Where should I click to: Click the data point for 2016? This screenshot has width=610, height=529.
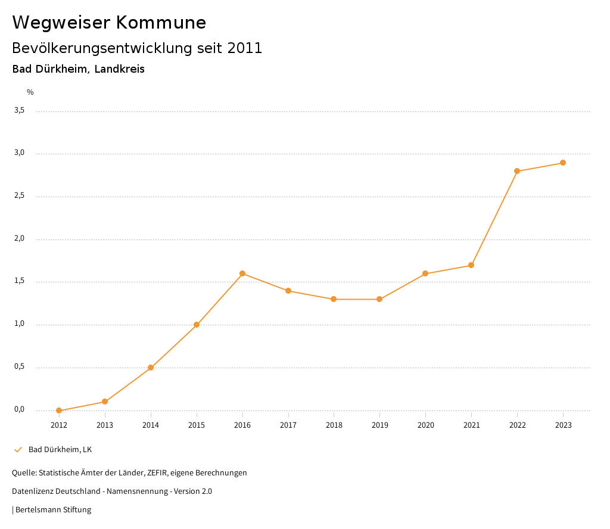[x=242, y=273]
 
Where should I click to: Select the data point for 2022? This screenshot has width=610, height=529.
[x=517, y=171]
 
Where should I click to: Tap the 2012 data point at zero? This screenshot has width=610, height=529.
[x=59, y=410]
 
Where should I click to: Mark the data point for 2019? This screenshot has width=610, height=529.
[x=379, y=299]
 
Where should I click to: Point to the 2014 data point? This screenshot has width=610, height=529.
[x=151, y=368]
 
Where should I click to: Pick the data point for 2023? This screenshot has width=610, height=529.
[x=563, y=163]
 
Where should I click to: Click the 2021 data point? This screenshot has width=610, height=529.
[x=471, y=265]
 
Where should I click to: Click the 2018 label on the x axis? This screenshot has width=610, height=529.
[x=334, y=425]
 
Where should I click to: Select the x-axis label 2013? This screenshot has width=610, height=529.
[x=105, y=425]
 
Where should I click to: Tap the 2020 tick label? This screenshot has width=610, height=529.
[x=425, y=425]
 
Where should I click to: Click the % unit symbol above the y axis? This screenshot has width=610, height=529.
[x=30, y=92]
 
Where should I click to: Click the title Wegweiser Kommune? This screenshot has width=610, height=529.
[x=109, y=23]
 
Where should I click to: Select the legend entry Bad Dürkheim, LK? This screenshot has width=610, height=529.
[x=60, y=449]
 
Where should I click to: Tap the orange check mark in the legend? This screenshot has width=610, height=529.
[x=18, y=449]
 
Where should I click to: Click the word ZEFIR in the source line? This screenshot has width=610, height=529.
[x=157, y=472]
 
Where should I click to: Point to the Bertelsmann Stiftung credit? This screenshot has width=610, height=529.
[x=53, y=509]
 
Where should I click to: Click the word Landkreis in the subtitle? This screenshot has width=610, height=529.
[x=119, y=69]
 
